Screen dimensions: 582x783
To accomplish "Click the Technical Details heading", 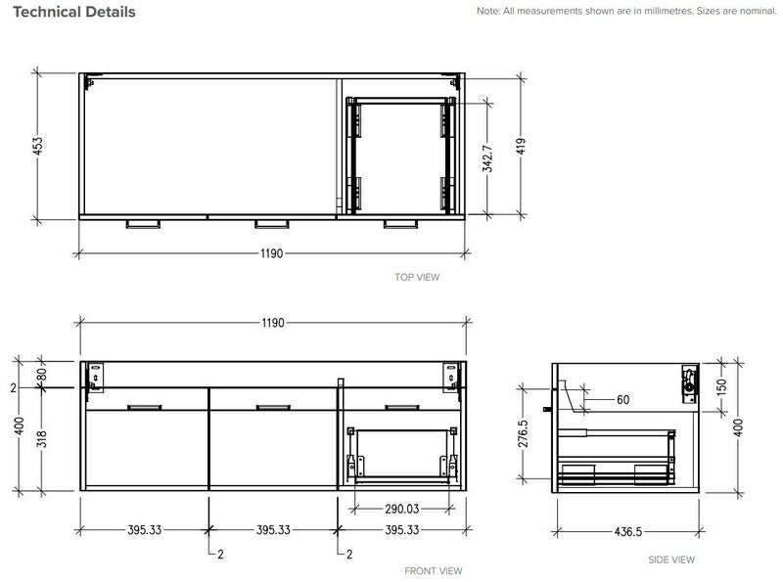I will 74,13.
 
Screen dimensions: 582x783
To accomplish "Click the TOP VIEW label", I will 417,278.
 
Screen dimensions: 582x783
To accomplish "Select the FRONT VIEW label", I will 434,570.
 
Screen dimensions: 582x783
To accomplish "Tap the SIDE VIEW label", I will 671,560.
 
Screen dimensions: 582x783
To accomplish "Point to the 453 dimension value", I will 38,146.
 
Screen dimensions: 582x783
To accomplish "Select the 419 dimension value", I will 524,146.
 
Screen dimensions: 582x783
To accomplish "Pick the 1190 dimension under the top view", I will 271,253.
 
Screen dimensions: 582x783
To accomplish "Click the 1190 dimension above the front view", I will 271,323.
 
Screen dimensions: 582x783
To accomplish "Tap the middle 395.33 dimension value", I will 272,530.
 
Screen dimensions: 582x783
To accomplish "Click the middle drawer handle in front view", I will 271,405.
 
